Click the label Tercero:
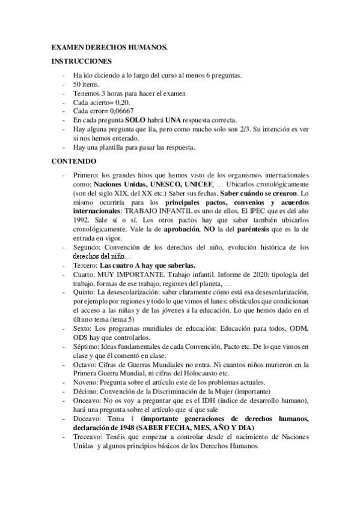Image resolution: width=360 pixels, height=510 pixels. (85, 265)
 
